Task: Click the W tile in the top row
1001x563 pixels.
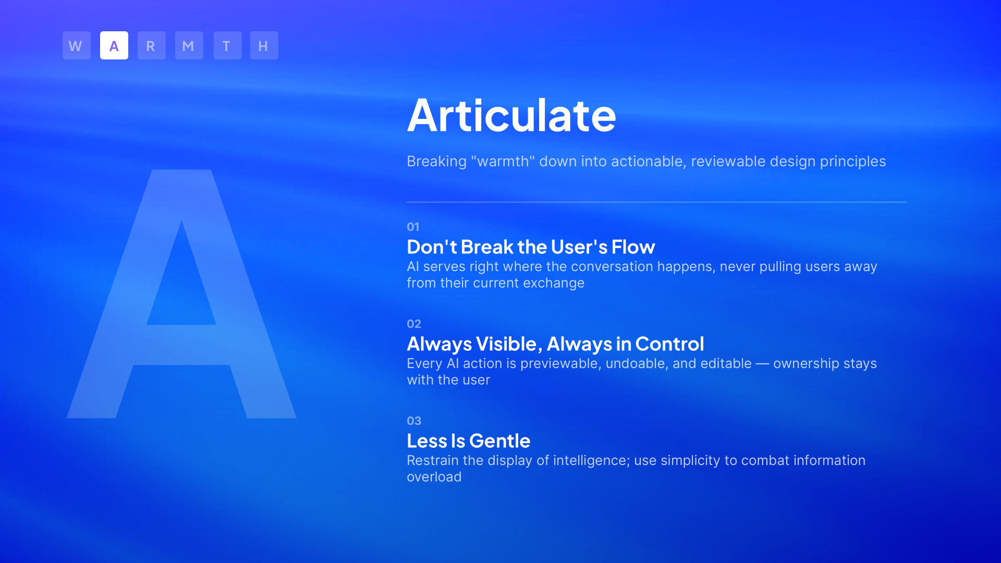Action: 77,45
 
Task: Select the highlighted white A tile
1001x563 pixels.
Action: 114,45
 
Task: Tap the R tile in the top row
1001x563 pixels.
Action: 152,45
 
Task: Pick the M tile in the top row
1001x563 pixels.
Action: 189,45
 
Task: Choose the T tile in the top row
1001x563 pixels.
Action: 227,45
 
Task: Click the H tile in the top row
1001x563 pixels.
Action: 264,45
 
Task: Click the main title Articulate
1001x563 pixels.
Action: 511,115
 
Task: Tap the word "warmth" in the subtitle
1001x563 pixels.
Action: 503,161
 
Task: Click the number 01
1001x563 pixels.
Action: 413,227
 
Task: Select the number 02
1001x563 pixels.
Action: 414,324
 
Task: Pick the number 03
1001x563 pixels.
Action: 414,421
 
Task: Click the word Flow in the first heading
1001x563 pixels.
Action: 633,247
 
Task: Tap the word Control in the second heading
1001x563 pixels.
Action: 670,344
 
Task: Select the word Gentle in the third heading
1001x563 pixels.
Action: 500,440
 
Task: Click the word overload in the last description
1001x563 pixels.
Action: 434,477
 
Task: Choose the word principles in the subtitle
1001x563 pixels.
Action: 853,162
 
